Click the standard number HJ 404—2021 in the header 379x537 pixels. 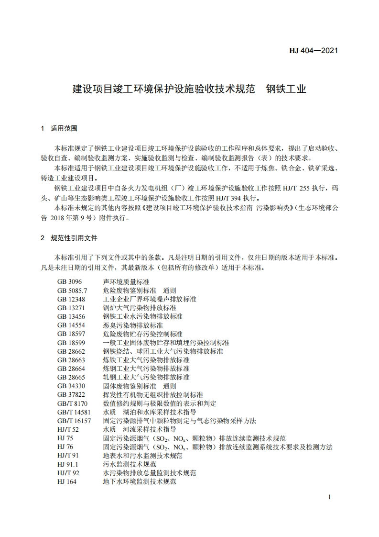[314, 50]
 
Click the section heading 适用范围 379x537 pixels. [64, 129]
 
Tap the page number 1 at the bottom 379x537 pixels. [330, 497]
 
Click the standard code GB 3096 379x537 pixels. [69, 282]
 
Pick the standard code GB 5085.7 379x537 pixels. [72, 291]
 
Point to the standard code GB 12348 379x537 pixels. [70, 299]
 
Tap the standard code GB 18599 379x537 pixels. [70, 343]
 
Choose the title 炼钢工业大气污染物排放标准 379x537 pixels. [146, 369]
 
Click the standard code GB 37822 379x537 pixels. [70, 395]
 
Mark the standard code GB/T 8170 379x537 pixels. [72, 403]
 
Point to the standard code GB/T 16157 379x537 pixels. [74, 421]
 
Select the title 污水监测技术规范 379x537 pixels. [130, 464]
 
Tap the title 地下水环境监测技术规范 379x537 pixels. [140, 481]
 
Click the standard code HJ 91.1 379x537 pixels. [67, 464]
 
